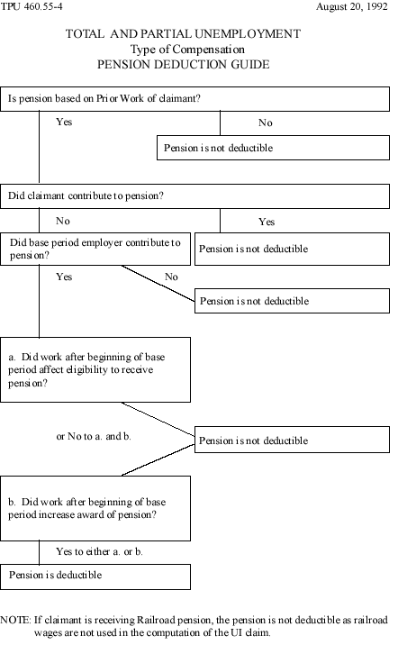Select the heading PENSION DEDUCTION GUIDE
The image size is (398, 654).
196,66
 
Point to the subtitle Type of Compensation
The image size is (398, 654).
196,50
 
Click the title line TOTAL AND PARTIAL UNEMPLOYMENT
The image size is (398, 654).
196,35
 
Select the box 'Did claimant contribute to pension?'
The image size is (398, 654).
196,195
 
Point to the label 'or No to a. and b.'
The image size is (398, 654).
94,436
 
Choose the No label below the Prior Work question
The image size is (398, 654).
265,123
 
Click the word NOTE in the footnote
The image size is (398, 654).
16,620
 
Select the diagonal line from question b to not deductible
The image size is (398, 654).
158,459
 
